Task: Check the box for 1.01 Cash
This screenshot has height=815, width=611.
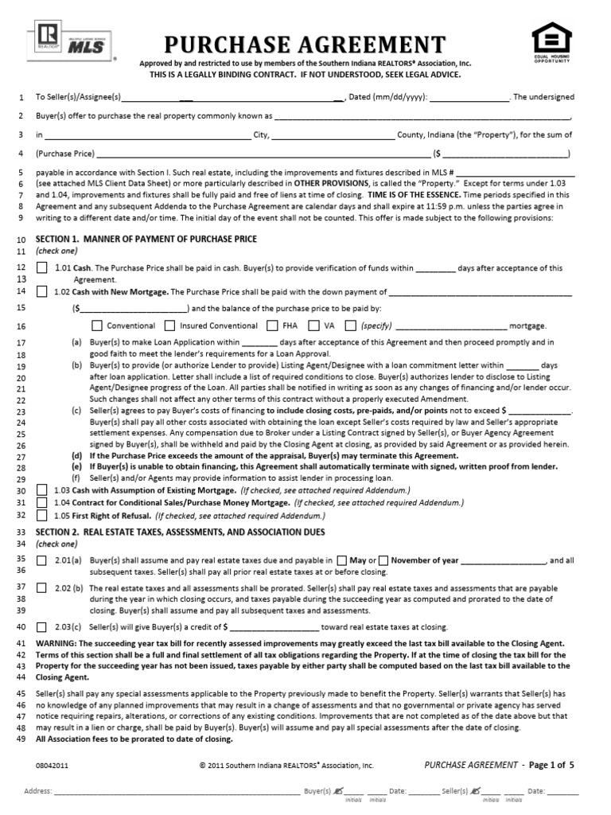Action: click(x=41, y=268)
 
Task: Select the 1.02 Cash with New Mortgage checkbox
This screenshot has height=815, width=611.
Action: click(x=41, y=292)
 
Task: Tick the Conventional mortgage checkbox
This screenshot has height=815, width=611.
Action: click(x=97, y=326)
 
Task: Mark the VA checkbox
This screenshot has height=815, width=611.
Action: click(x=313, y=326)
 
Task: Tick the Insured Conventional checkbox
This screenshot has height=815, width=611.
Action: click(x=169, y=326)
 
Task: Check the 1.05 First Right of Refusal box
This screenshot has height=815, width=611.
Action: click(x=41, y=516)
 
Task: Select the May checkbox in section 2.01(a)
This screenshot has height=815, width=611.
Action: click(x=342, y=560)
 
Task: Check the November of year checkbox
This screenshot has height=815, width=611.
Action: click(x=383, y=560)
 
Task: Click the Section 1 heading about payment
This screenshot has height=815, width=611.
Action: click(x=147, y=239)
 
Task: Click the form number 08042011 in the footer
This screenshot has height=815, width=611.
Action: click(x=53, y=765)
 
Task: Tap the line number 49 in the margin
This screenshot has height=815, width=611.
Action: click(x=21, y=739)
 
